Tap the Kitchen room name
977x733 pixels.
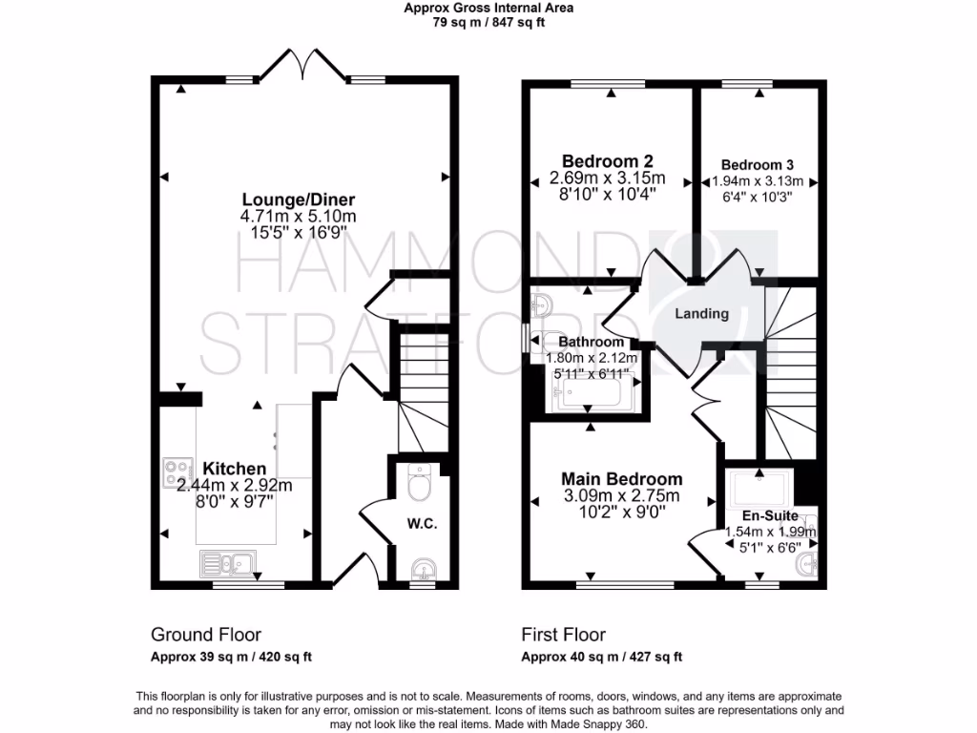point(234,469)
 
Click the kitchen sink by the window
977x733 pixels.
point(226,563)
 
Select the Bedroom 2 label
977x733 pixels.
point(607,160)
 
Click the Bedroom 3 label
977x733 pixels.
point(757,164)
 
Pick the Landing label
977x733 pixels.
point(701,313)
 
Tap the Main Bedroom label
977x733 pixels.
point(621,478)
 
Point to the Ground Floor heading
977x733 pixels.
point(206,635)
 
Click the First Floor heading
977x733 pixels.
point(563,635)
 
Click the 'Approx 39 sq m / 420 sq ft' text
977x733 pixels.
point(231,657)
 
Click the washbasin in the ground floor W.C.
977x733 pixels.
point(422,570)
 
